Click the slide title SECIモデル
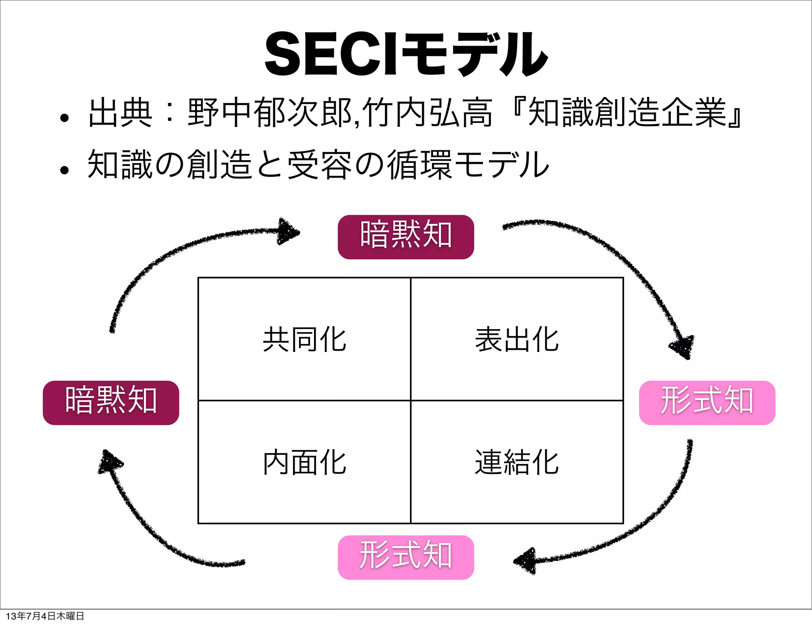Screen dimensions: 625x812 [x=406, y=54]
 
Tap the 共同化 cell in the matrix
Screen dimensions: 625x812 [x=304, y=339]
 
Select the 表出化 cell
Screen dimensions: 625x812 [x=517, y=339]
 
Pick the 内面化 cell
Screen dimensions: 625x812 [x=304, y=462]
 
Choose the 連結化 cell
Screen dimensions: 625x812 [x=517, y=462]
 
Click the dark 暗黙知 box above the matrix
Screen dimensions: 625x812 [x=406, y=237]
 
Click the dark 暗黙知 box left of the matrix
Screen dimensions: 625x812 [x=111, y=403]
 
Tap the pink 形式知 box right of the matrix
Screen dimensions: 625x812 [x=707, y=403]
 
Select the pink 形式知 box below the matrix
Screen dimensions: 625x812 [x=406, y=557]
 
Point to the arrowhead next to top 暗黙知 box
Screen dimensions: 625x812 [x=288, y=232]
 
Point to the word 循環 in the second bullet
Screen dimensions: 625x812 [x=419, y=165]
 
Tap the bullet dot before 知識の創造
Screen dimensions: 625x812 [x=64, y=170]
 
